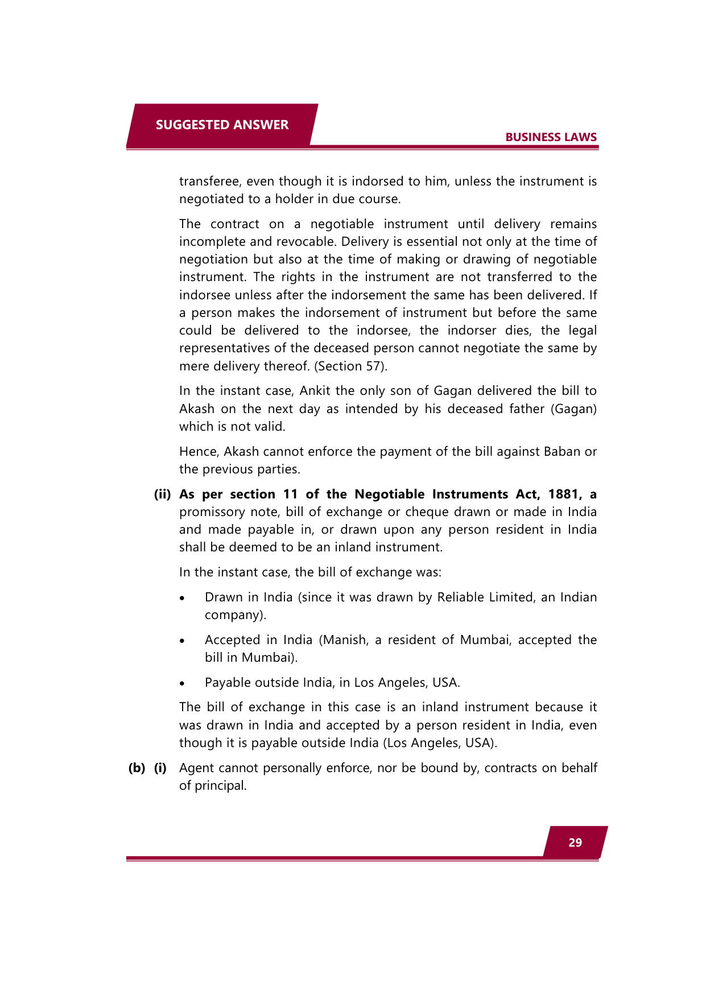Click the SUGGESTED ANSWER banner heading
pyautogui.click(x=222, y=125)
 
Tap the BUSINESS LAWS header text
pyautogui.click(x=551, y=137)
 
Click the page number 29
pyautogui.click(x=575, y=843)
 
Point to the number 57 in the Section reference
pyautogui.click(x=373, y=366)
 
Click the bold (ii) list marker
pyautogui.click(x=162, y=494)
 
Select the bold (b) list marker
pyautogui.click(x=137, y=768)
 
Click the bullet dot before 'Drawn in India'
pyautogui.click(x=182, y=598)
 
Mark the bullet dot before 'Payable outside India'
pyautogui.click(x=182, y=683)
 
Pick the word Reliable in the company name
pyautogui.click(x=461, y=597)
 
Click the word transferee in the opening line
pyautogui.click(x=209, y=182)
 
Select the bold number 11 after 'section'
pyautogui.click(x=290, y=494)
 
